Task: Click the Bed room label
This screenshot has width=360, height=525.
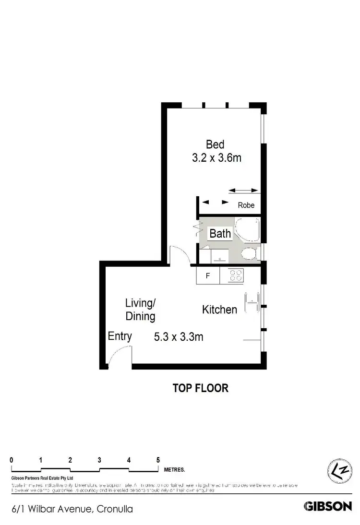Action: (215, 144)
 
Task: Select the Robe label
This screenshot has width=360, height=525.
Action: (246, 205)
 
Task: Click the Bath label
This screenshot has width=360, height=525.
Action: (220, 234)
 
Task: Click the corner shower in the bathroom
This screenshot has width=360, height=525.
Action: (248, 229)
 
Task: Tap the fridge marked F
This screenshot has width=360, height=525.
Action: (208, 276)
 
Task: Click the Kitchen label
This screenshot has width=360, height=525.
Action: (219, 310)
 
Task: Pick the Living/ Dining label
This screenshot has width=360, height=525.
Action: (140, 310)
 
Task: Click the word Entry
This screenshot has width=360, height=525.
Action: (120, 336)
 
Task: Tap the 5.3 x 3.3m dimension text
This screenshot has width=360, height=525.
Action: (179, 337)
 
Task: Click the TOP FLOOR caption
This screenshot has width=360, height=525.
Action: (200, 388)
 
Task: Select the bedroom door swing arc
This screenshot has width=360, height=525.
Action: (180, 254)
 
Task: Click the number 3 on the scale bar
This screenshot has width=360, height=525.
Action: (99, 460)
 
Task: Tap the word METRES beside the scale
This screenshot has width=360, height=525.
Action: (174, 470)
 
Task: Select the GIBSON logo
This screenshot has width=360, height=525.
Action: (328, 506)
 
